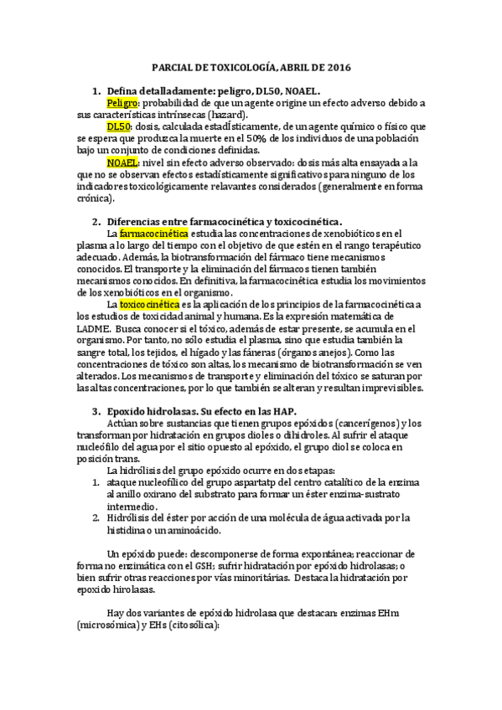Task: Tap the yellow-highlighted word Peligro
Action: [122, 102]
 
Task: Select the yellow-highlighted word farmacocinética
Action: [155, 233]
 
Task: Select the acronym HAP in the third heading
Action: [281, 412]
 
